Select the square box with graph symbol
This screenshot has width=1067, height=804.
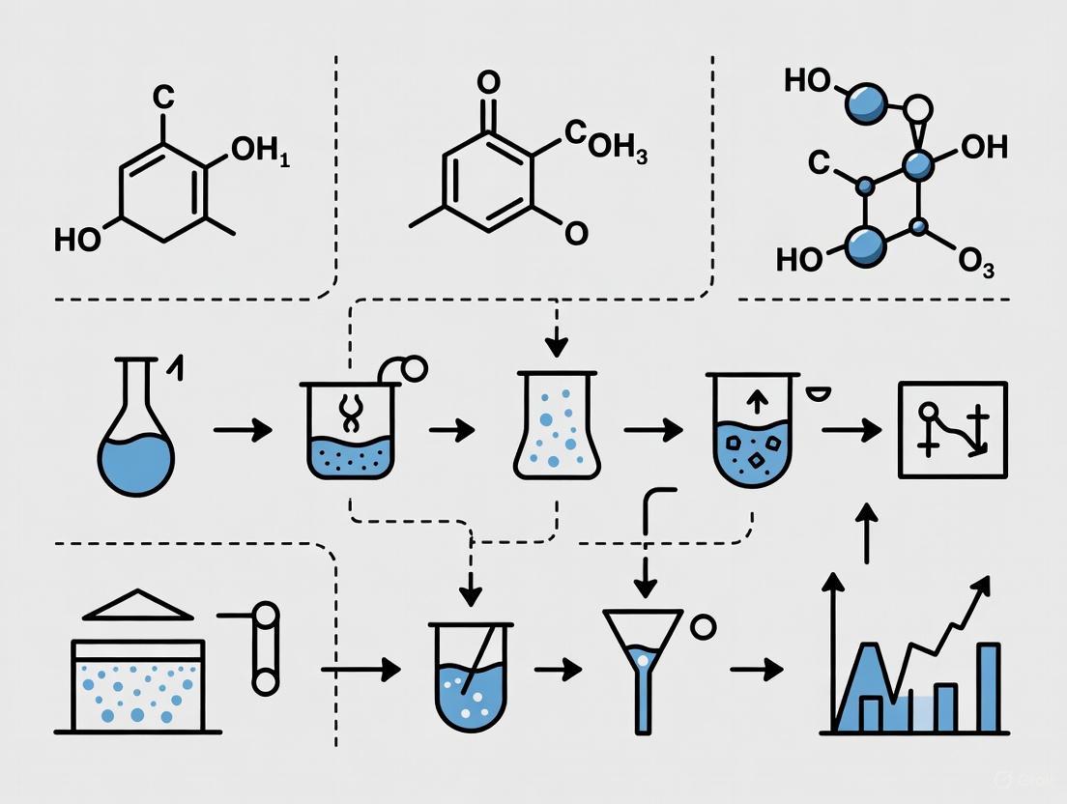click(952, 430)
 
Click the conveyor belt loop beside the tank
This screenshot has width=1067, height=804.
click(265, 647)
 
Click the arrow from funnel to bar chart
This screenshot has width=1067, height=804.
click(756, 668)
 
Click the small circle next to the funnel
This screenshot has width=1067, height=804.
click(704, 627)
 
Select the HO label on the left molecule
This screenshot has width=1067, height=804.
click(76, 239)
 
